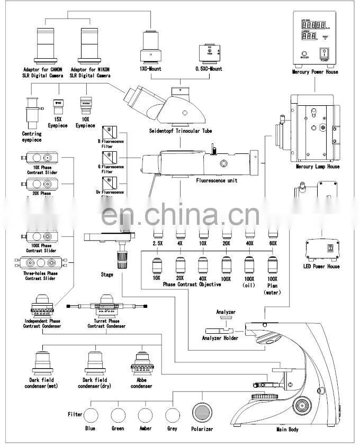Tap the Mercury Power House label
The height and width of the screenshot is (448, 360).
pos(315,71)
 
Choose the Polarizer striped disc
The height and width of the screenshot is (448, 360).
pos(202,412)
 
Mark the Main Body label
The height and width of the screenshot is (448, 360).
pos(287,429)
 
